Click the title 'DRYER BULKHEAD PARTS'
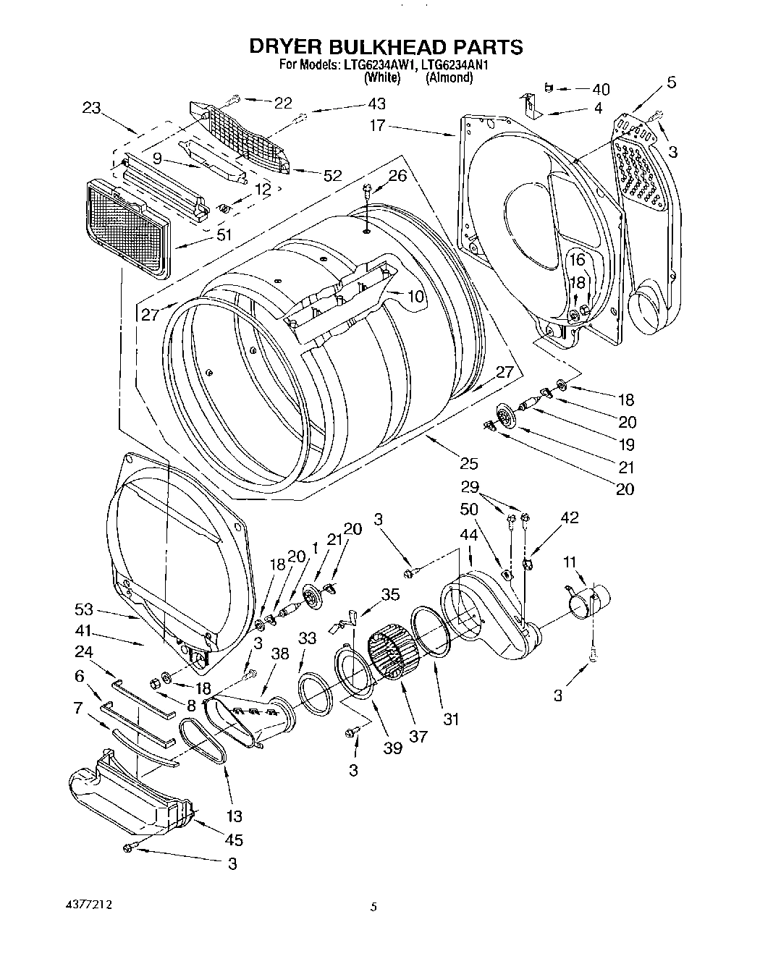tap(386, 47)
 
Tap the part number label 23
tap(91, 108)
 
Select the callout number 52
tap(333, 174)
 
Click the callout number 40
tap(600, 90)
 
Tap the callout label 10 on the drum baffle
tap(415, 296)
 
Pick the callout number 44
tap(469, 535)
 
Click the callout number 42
tap(570, 517)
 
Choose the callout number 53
tap(85, 609)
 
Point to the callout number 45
tap(234, 840)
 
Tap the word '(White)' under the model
tap(381, 77)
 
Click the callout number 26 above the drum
tap(397, 176)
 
